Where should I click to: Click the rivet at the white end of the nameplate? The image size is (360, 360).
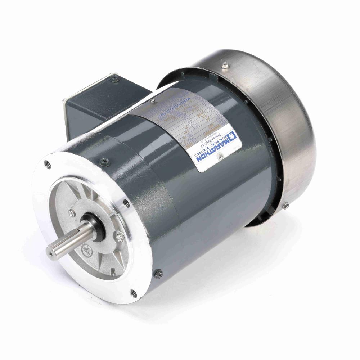point(221,156)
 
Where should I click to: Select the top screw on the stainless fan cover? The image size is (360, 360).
point(225,65)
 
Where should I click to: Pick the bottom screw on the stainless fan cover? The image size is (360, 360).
point(285,206)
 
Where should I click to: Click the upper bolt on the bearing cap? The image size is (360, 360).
point(72,212)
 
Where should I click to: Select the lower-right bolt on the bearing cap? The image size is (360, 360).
point(120,237)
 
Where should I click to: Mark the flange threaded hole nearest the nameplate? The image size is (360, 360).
point(126,203)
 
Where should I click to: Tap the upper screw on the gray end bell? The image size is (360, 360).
point(105,161)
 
